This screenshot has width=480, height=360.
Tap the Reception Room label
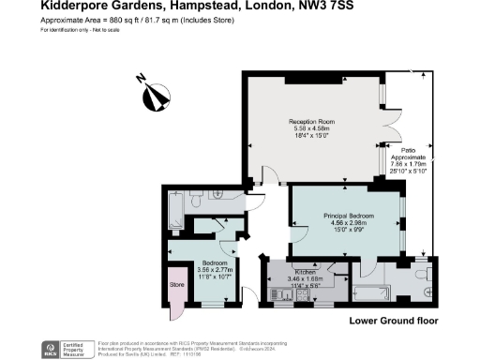click(311, 122)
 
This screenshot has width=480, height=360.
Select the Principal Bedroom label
click(349, 216)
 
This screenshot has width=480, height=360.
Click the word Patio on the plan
click(409, 149)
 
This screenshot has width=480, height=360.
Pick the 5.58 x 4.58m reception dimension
click(311, 129)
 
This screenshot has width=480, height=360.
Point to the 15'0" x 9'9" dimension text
click(349, 231)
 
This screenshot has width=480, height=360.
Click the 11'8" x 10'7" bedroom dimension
click(217, 277)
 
